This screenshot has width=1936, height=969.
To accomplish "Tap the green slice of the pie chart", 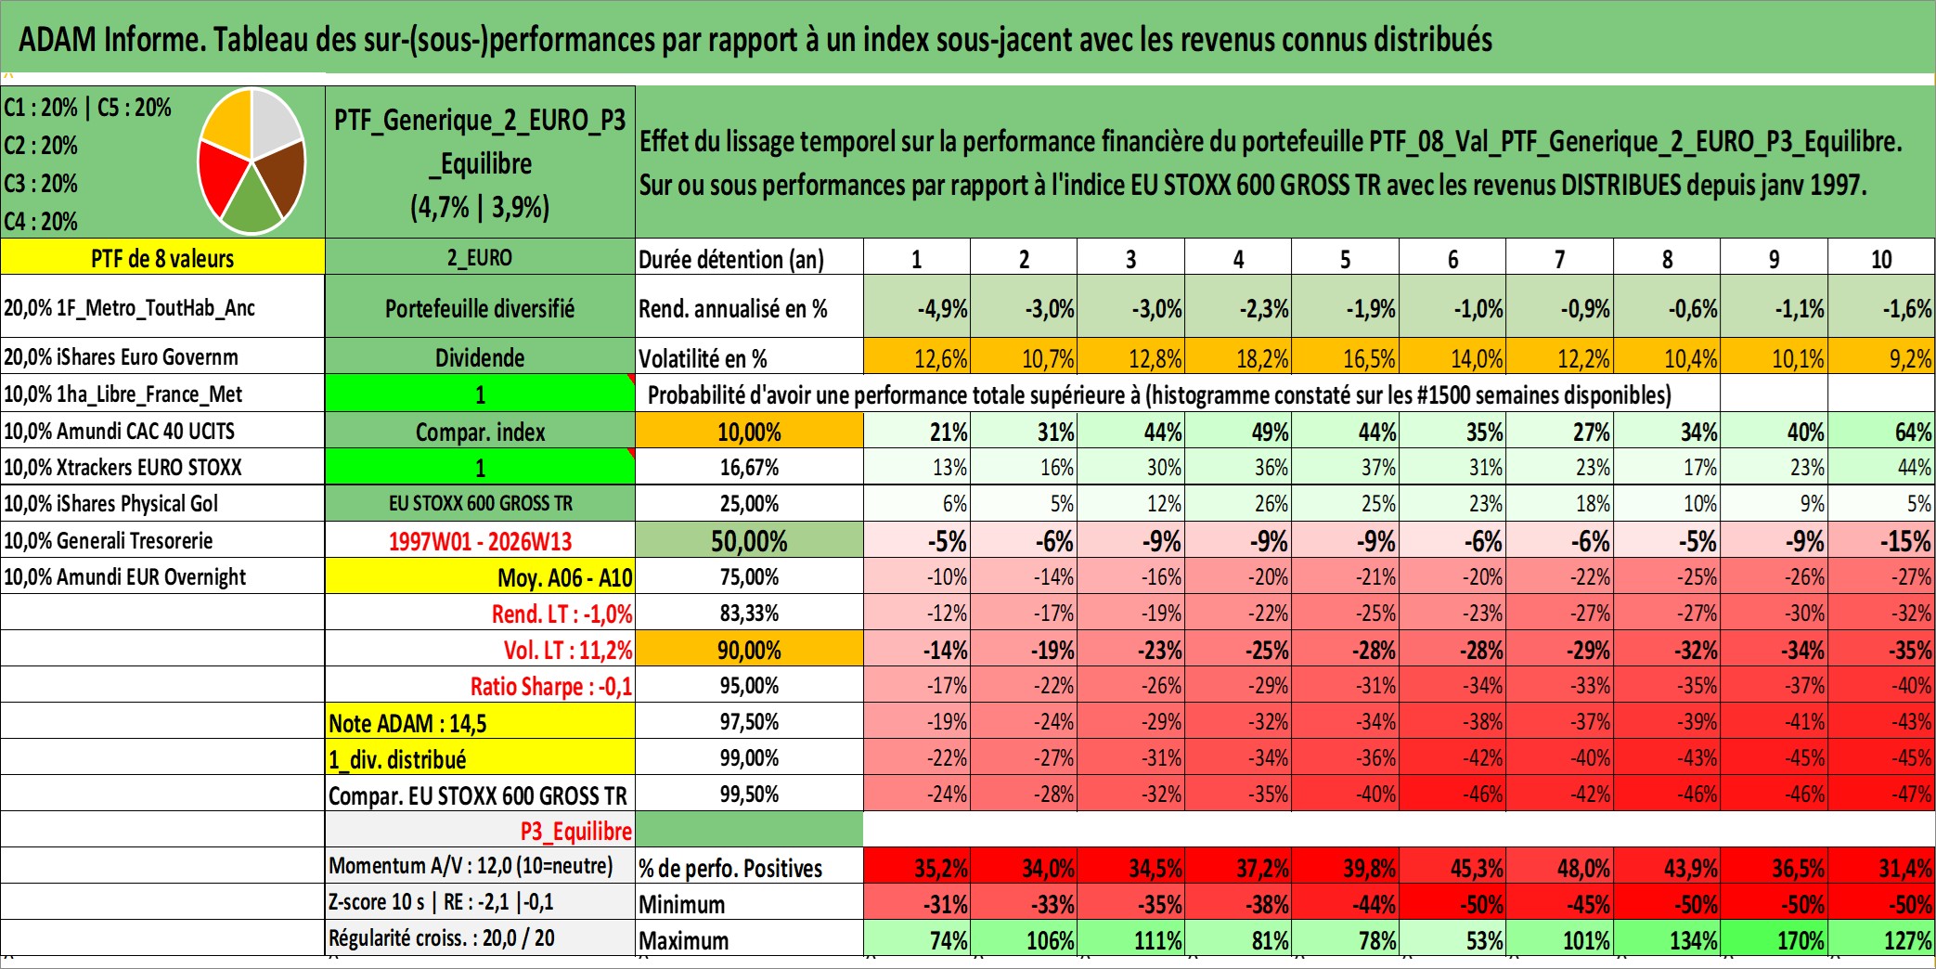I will click(x=252, y=205).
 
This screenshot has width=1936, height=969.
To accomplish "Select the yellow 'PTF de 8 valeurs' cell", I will click(x=162, y=258).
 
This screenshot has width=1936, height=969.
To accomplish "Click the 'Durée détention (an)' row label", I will click(x=731, y=259).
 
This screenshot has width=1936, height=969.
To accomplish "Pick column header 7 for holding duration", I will click(x=1559, y=259).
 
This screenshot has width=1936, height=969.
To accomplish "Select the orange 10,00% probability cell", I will click(x=749, y=432).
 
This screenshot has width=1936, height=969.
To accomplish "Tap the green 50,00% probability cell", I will click(x=749, y=541).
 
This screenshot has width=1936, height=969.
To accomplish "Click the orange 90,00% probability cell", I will click(x=749, y=650).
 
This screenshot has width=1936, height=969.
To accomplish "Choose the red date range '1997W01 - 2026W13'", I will click(x=480, y=541).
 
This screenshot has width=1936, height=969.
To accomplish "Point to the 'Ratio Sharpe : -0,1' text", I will click(x=550, y=687).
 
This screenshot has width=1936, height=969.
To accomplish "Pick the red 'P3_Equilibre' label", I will click(x=575, y=831).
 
